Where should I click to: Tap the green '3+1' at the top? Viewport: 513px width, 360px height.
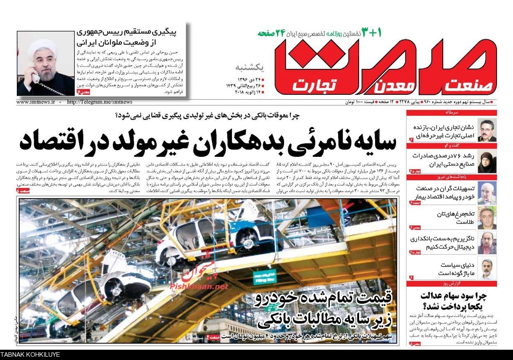(372, 32)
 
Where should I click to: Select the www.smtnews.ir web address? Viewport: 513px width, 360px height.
(36, 102)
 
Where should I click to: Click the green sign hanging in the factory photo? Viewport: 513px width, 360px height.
(264, 277)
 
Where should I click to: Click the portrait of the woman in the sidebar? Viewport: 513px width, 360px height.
(487, 161)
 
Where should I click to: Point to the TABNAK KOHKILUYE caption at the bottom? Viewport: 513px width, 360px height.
(30, 355)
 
